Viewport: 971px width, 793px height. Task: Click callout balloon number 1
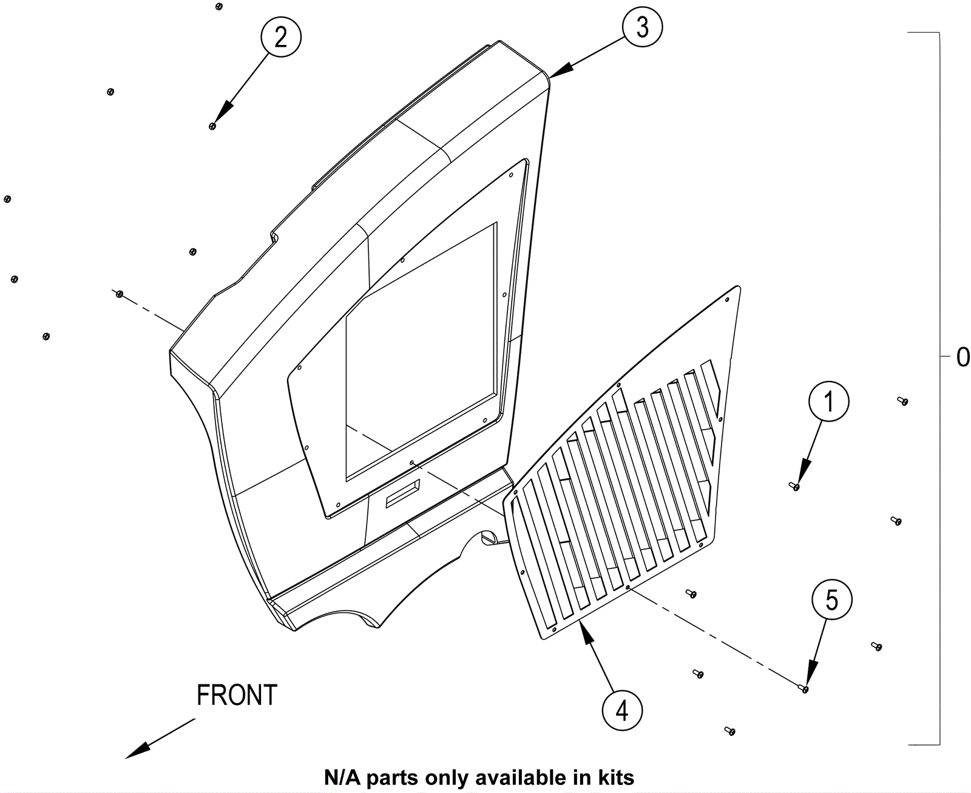[828, 401]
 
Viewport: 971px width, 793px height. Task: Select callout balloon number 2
[280, 38]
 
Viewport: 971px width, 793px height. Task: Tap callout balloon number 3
[642, 27]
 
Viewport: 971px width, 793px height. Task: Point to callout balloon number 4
[622, 710]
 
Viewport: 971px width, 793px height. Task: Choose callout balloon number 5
[832, 600]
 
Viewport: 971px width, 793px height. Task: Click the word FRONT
[237, 695]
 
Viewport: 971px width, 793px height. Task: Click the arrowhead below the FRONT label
[137, 751]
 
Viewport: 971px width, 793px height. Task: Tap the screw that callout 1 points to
[795, 486]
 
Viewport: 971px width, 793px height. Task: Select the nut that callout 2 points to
[212, 126]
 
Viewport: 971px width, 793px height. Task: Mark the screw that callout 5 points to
[805, 689]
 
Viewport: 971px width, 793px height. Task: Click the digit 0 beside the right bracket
[963, 357]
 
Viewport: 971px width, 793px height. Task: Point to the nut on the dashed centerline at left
[120, 294]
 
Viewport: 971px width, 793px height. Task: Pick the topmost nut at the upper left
[219, 7]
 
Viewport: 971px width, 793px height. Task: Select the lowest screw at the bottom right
[731, 732]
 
